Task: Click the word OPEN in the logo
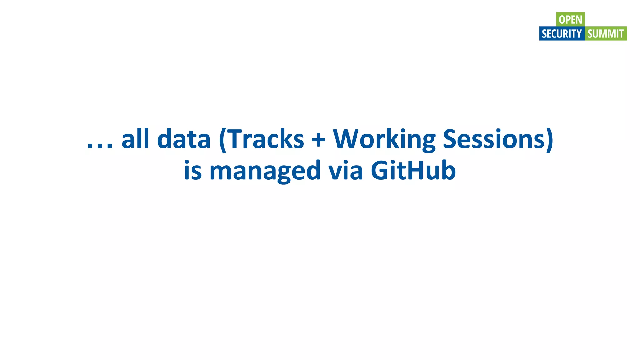pyautogui.click(x=570, y=20)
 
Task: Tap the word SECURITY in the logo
pyautogui.click(x=562, y=34)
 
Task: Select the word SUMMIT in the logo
pyautogui.click(x=606, y=34)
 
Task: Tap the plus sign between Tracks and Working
pyautogui.click(x=318, y=139)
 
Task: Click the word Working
pyautogui.click(x=384, y=140)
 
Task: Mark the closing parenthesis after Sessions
pyautogui.click(x=550, y=140)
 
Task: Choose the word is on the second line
pyautogui.click(x=192, y=171)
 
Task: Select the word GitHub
pyautogui.click(x=413, y=171)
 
